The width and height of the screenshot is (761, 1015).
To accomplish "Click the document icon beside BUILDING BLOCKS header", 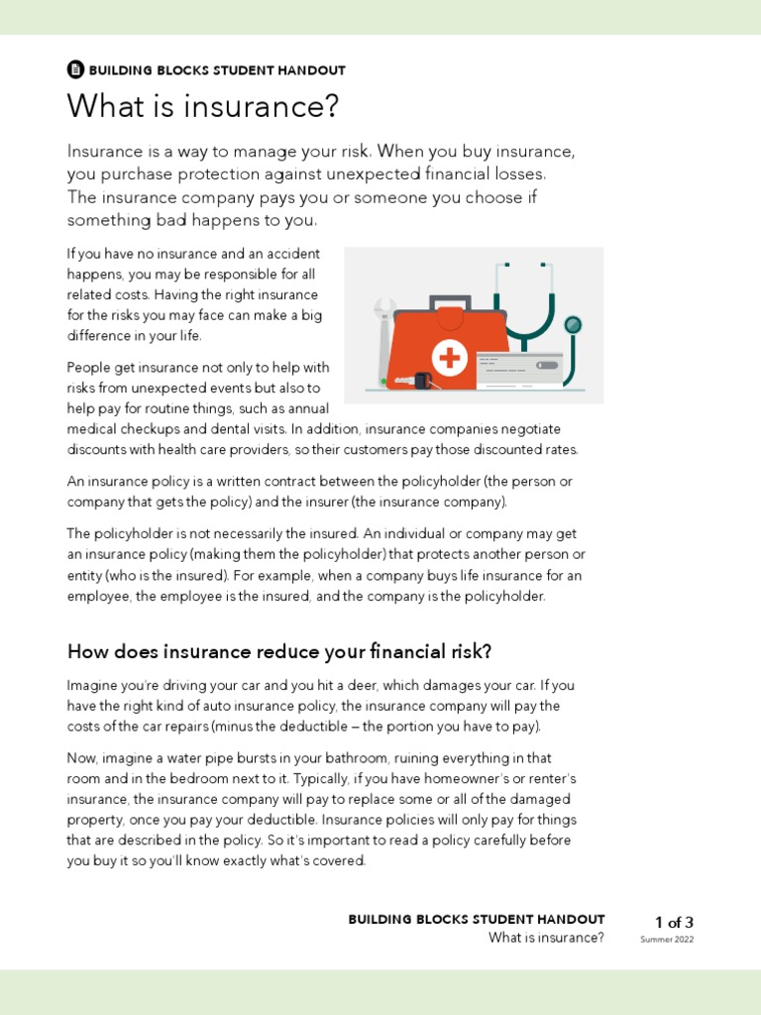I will [75, 69].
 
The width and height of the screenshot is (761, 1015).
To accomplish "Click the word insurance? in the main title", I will [271, 107].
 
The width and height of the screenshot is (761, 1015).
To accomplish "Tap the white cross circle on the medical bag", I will [452, 357].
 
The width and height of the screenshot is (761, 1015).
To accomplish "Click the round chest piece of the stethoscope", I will [573, 325].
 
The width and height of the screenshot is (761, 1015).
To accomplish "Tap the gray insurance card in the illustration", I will [519, 366].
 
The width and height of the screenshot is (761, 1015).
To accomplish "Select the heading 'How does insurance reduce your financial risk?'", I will [279, 651].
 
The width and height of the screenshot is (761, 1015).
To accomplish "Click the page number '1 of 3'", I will [674, 922].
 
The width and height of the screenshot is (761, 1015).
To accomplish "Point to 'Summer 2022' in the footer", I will [667, 940].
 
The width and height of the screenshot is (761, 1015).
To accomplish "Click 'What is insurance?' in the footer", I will [546, 938].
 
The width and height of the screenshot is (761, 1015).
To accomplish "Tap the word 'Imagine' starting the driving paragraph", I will [92, 685].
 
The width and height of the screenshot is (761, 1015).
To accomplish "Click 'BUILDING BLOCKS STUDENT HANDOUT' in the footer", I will [476, 920].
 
